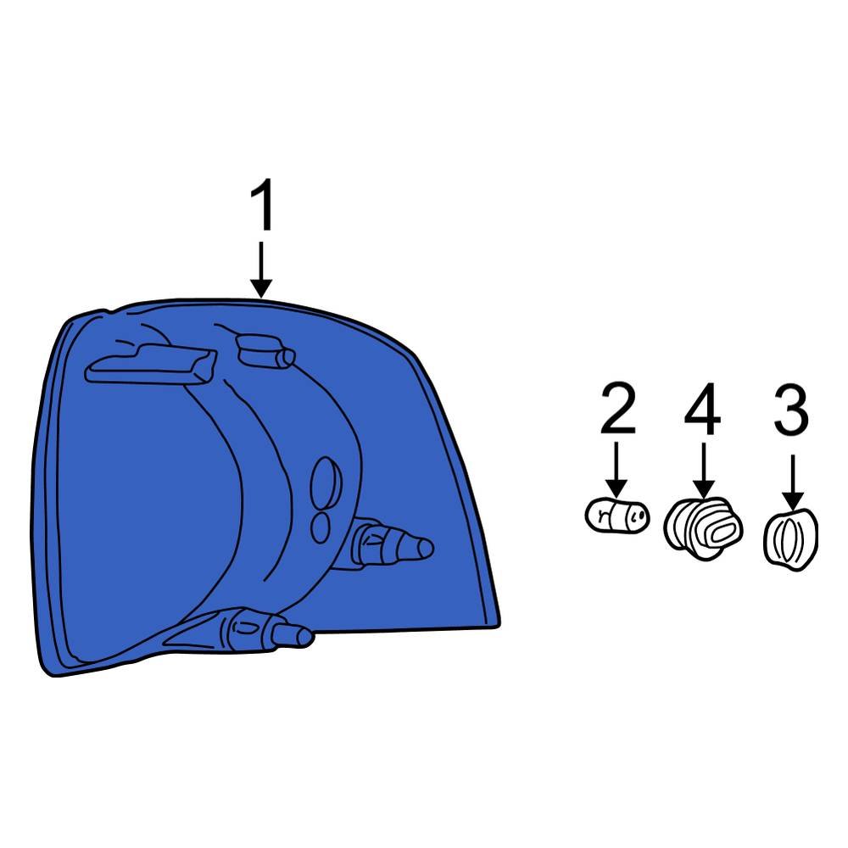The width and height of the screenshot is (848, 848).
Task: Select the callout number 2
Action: (617, 408)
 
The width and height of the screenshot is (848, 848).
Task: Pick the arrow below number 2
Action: (616, 469)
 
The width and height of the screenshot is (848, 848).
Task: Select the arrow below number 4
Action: (704, 470)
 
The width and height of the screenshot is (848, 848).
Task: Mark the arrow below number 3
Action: (793, 482)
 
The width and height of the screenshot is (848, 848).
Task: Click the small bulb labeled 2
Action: (617, 516)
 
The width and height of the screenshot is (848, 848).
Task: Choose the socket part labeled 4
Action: (703, 528)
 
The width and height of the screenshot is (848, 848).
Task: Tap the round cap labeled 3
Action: (790, 539)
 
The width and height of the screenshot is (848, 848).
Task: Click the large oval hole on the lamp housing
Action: (326, 483)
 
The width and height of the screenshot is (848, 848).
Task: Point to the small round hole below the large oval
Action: (321, 527)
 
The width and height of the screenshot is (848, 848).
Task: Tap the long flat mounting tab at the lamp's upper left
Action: (151, 364)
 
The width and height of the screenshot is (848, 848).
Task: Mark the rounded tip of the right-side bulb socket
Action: (425, 548)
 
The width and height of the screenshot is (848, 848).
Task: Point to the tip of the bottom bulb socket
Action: (305, 637)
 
